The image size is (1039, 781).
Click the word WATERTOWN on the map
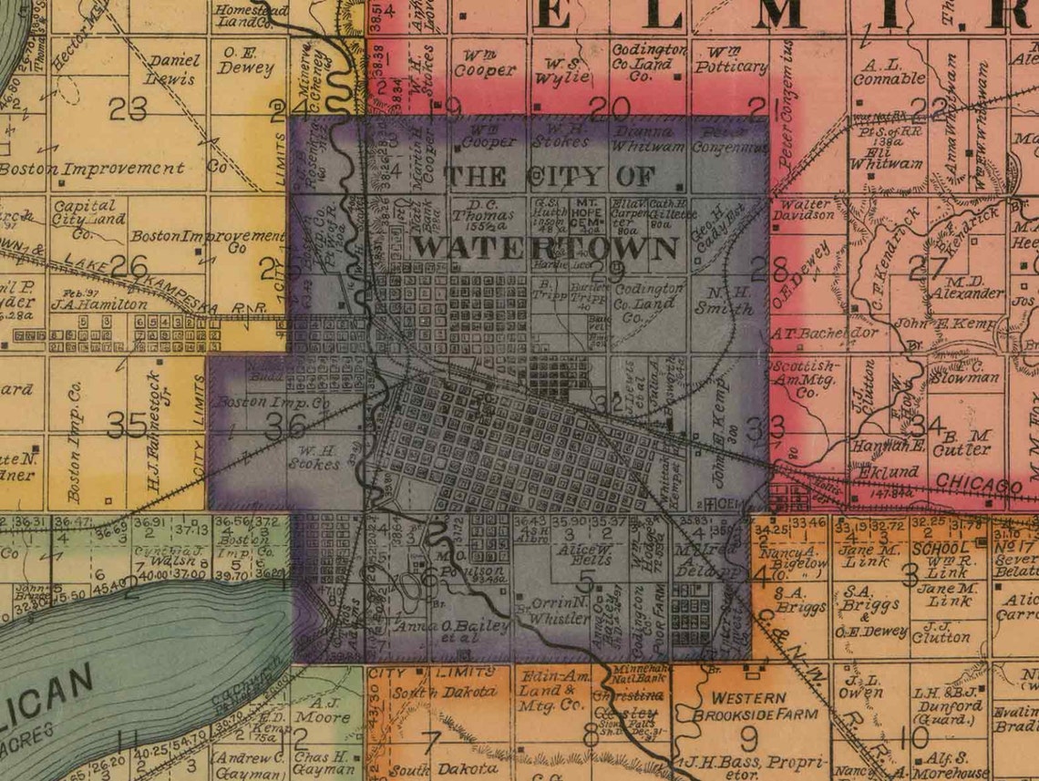(545, 247)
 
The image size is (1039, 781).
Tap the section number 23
(127, 108)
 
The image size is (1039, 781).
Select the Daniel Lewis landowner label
(174, 68)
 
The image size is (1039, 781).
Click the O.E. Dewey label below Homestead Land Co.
(245, 60)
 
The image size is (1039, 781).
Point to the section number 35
(128, 424)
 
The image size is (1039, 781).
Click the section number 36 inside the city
(284, 426)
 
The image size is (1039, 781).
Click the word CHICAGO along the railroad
(979, 483)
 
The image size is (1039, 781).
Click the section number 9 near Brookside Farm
(749, 735)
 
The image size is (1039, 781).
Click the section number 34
(926, 424)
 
